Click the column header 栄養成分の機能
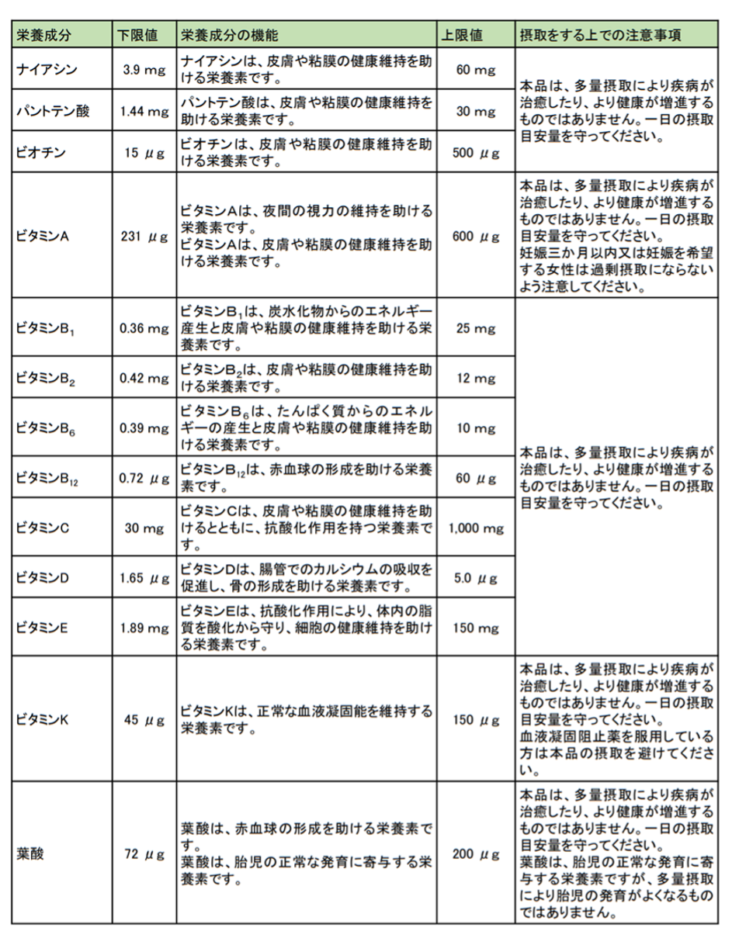pos(228,36)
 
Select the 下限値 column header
pos(137,36)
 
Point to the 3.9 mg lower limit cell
pos(143,70)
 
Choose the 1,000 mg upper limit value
pos(476,529)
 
